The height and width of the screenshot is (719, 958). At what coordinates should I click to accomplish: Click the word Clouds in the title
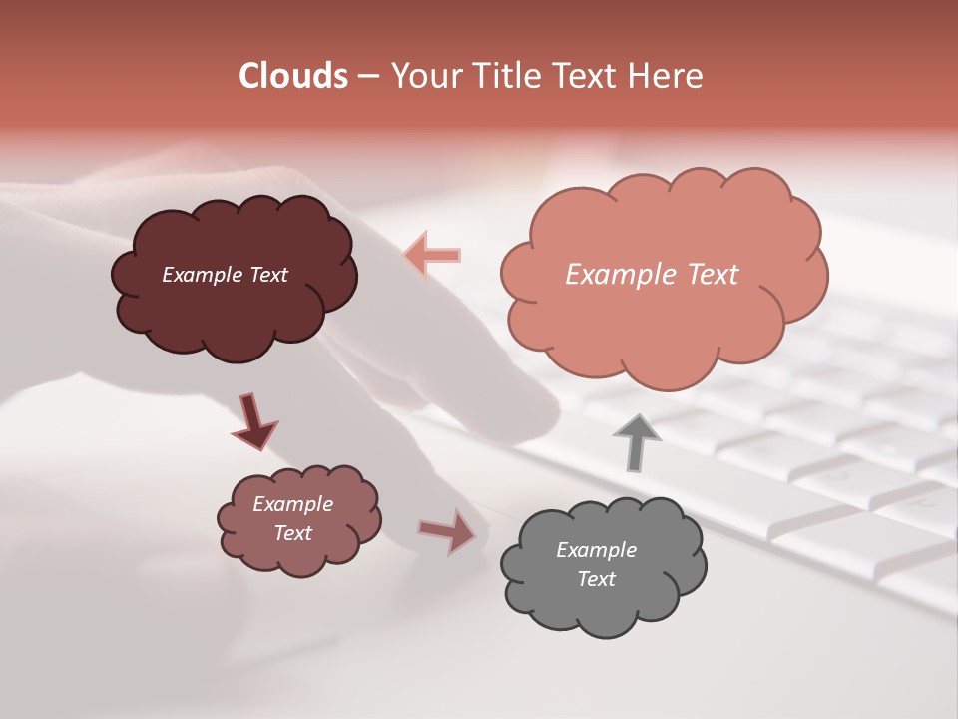pos(292,76)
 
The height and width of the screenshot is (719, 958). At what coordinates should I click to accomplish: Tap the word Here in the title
pos(669,76)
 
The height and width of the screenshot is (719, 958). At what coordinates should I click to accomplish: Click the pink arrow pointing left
pos(432,255)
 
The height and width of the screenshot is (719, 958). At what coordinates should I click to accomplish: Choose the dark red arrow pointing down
pos(253,421)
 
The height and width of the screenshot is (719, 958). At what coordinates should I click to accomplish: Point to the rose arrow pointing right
pos(447,531)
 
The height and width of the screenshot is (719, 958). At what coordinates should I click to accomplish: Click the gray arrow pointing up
pos(636,442)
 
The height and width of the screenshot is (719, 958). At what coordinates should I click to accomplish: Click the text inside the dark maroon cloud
pos(225,275)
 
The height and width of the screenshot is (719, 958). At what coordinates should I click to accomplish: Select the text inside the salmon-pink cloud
pos(652,275)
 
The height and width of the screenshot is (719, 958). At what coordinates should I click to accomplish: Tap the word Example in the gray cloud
pos(596,550)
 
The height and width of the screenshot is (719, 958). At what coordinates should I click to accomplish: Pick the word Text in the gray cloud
pos(596,579)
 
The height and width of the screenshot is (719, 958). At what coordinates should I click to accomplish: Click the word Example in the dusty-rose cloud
pos(292,504)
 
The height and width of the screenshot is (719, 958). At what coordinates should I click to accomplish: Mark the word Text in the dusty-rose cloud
pos(292,533)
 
